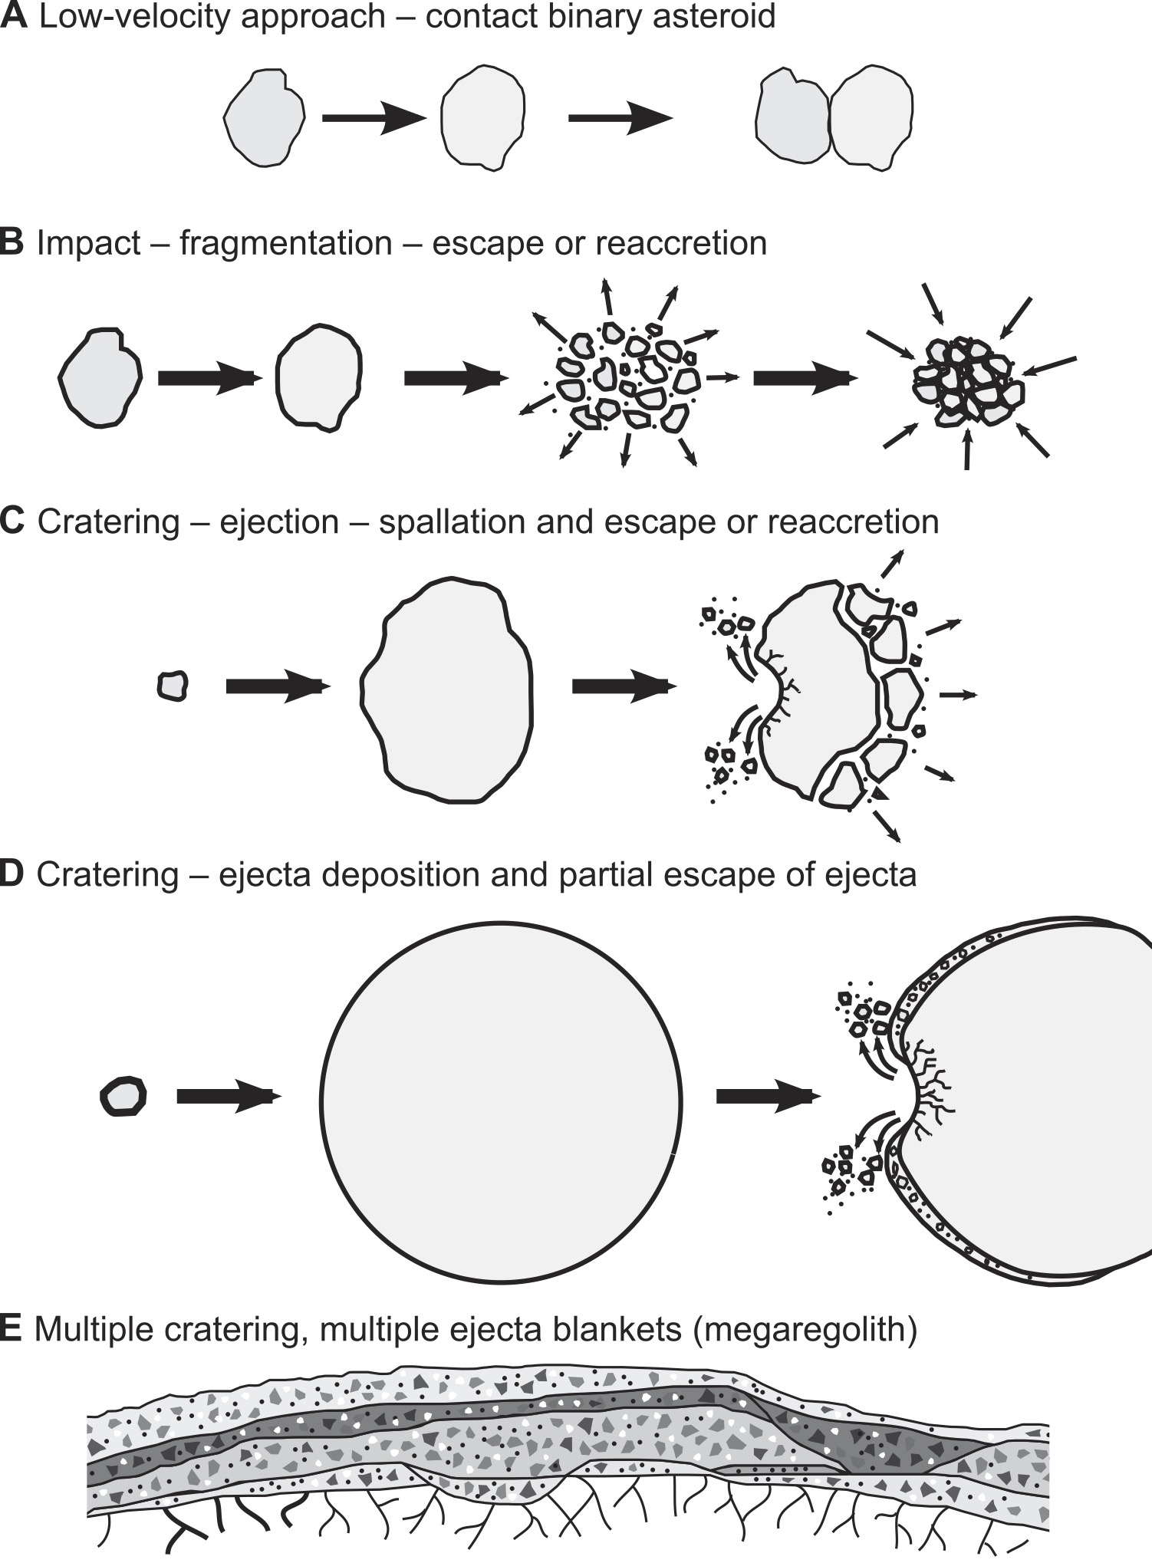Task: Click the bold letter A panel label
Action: (x=13, y=17)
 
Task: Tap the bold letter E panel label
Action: (x=11, y=1329)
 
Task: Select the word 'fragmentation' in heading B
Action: (x=285, y=244)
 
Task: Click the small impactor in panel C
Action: (x=173, y=685)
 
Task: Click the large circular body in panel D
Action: (x=501, y=1101)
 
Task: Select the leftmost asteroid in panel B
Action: (x=100, y=377)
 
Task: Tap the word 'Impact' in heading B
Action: (x=89, y=244)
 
